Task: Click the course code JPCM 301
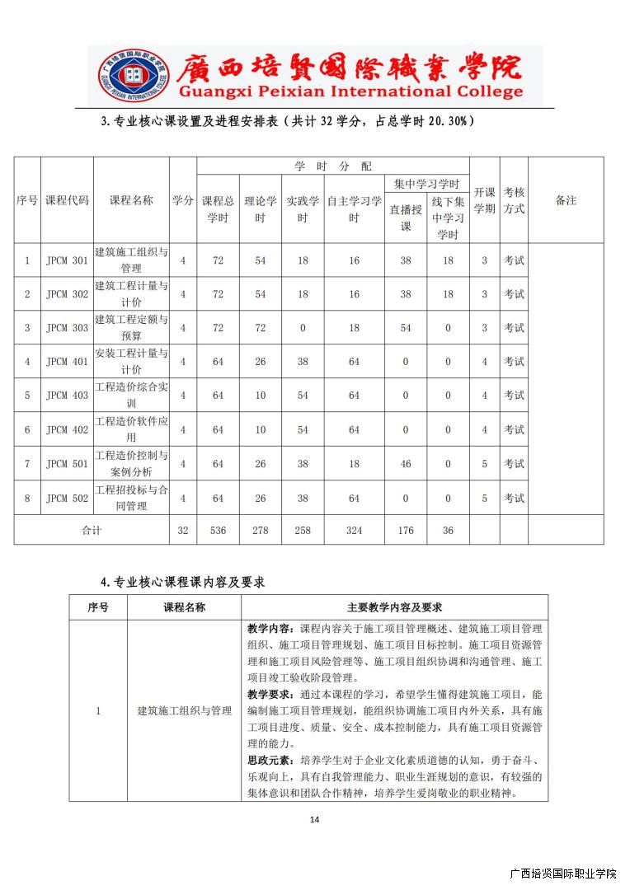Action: click(x=67, y=260)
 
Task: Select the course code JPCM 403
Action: click(x=67, y=396)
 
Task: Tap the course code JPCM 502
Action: click(x=67, y=498)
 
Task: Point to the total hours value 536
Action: click(x=218, y=531)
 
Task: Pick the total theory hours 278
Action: click(x=261, y=531)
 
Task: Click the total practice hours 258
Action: click(x=303, y=531)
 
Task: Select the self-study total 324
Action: click(x=354, y=531)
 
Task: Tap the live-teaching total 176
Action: click(x=406, y=531)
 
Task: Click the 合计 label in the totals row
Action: click(x=92, y=531)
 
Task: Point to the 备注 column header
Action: click(x=566, y=200)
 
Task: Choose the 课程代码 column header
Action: click(x=67, y=200)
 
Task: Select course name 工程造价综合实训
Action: click(x=131, y=395)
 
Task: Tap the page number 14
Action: click(x=314, y=819)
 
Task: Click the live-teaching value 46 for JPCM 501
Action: click(x=406, y=464)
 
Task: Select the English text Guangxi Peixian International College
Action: click(x=350, y=91)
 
